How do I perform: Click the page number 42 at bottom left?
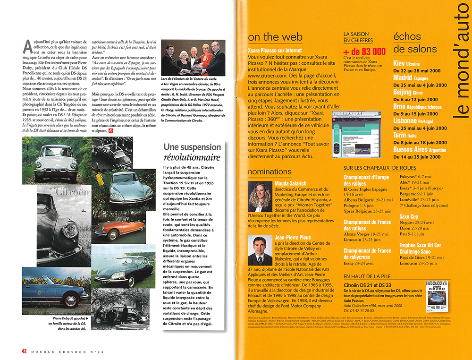(x=24, y=351)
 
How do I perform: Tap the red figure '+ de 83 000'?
(x=365, y=51)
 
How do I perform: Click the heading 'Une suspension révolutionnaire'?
(x=192, y=152)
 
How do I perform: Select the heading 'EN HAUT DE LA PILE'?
(x=367, y=276)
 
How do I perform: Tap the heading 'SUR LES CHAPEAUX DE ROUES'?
(x=380, y=168)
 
